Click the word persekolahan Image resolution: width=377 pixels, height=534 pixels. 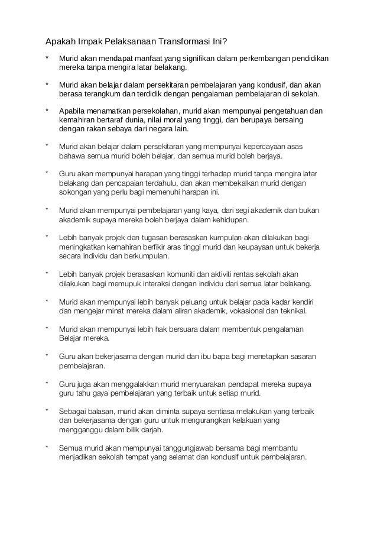(154, 111)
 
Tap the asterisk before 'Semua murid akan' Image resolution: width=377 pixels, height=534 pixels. (47, 448)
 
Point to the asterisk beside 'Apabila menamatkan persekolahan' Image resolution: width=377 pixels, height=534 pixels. (47, 111)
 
